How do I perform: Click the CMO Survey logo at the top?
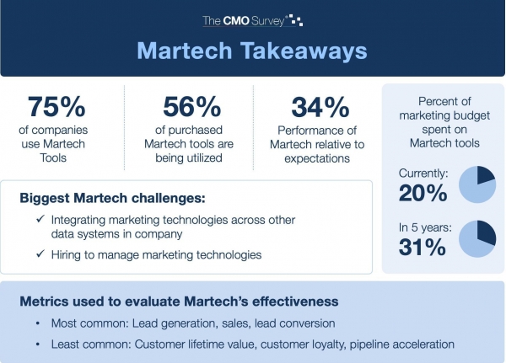[252, 20]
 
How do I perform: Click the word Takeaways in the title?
[304, 51]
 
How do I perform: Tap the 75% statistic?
[57, 107]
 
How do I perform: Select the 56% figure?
[192, 107]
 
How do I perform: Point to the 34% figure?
[320, 107]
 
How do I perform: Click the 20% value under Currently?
[423, 193]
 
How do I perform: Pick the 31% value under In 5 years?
[423, 247]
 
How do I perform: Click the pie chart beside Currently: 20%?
[477, 184]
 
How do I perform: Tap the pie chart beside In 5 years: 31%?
[477, 239]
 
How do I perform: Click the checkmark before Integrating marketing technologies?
[40, 219]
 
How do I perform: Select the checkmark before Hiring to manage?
[40, 254]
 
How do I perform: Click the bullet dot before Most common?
[38, 323]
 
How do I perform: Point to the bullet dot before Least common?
[38, 344]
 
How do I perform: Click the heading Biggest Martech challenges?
[112, 198]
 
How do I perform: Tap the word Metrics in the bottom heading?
[45, 302]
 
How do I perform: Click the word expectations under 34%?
[317, 158]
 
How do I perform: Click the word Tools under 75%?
[53, 158]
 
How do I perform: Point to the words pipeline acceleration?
[402, 344]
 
